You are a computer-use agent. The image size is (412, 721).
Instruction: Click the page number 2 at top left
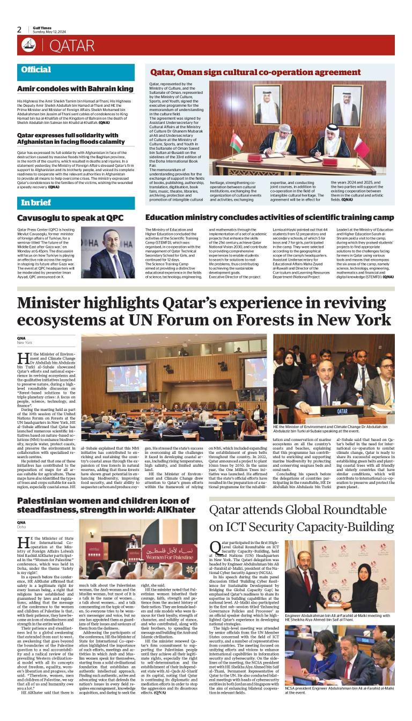click(20, 29)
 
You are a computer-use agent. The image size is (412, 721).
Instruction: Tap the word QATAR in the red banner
click(71, 46)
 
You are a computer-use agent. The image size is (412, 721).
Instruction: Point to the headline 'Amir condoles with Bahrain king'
click(76, 88)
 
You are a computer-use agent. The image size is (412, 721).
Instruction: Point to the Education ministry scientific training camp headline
click(269, 218)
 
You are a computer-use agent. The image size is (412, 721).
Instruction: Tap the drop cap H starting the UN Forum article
click(23, 359)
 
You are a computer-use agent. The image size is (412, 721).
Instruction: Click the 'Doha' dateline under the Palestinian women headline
click(22, 527)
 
